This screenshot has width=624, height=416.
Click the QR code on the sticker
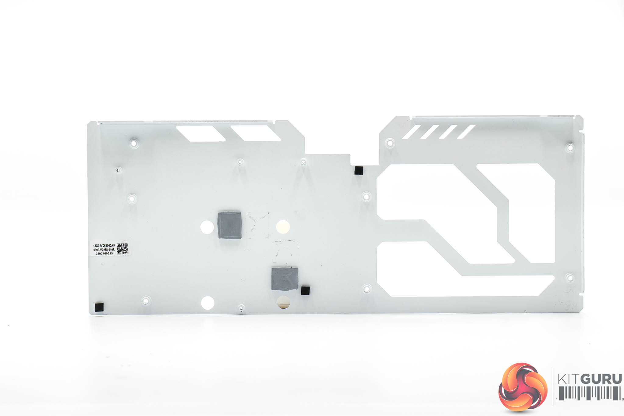pos(122,249)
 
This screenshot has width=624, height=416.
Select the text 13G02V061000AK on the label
pos(104,245)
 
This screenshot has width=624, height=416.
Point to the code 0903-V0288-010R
pos(104,250)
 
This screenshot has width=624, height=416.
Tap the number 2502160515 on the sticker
pos(104,254)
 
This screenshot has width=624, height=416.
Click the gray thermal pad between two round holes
pos(230,225)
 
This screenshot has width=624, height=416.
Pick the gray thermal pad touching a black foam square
pos(285,278)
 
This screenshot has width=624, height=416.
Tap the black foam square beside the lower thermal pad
pos(305,290)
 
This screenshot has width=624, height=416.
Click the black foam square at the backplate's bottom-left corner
pos(99,307)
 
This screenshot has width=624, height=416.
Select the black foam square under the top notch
pos(359,170)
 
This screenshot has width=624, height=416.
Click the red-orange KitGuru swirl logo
pos(523,387)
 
